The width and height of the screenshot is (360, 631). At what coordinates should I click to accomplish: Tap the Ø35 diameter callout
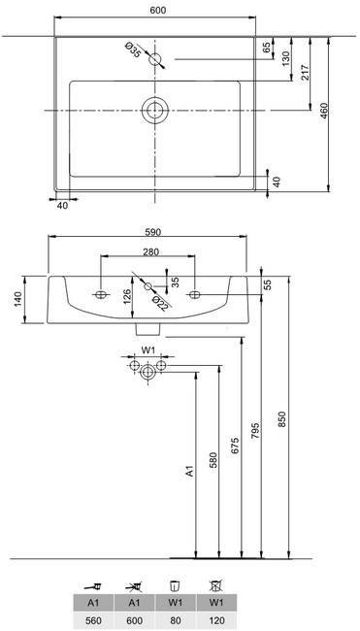pos(133,50)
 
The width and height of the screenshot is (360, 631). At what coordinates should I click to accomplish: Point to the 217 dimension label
pos(306,73)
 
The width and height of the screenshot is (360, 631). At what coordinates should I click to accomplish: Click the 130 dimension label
pos(286,59)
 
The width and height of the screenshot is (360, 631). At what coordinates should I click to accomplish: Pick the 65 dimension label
pos(267,48)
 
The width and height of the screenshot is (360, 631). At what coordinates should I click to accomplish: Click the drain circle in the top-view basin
pos(155,111)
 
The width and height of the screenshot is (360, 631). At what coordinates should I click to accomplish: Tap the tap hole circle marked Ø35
pos(155,59)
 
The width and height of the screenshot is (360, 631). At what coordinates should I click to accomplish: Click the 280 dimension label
pos(151,252)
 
